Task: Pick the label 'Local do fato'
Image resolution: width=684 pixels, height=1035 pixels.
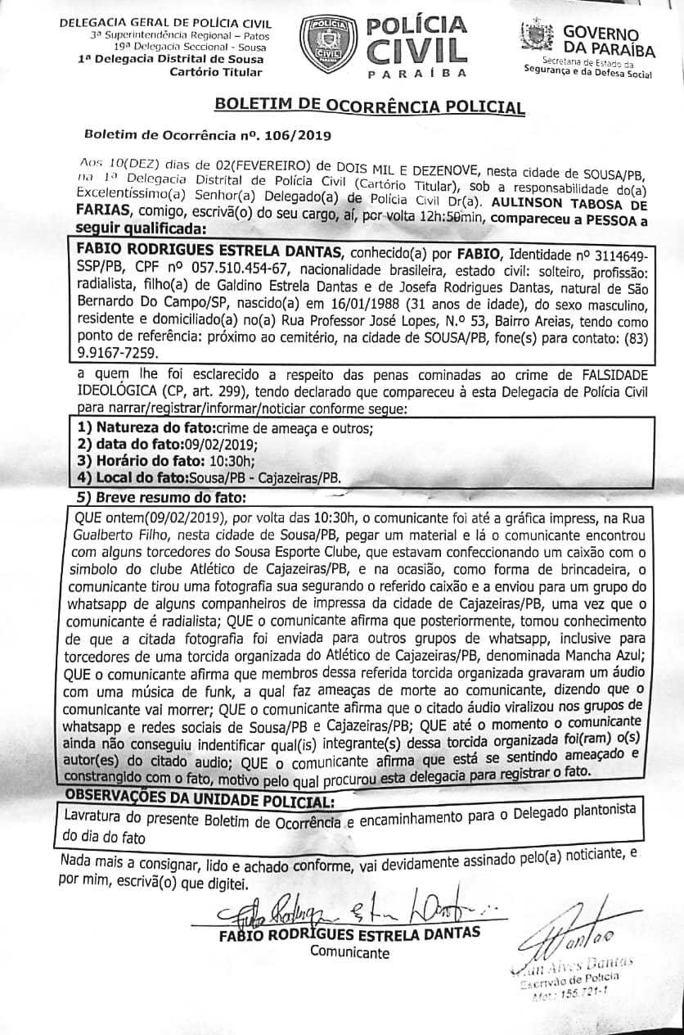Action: tap(137, 477)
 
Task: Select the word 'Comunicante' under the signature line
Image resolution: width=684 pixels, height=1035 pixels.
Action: tap(350, 951)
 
